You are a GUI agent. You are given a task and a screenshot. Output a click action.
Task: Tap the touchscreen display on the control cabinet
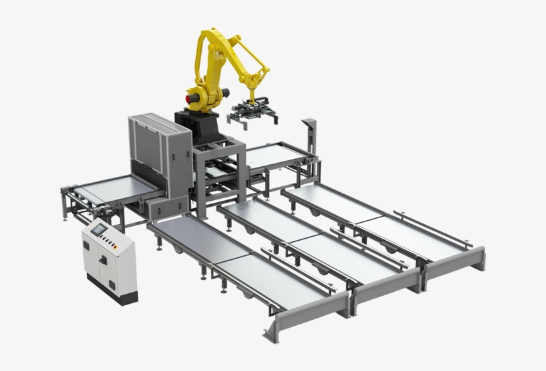pos(99,229)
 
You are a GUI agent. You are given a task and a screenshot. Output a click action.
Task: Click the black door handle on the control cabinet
pos(103,260)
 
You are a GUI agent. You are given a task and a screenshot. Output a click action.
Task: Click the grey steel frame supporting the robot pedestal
pos(220,170)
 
